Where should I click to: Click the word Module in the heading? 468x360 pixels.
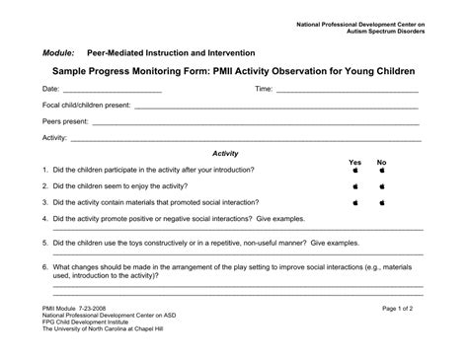58,53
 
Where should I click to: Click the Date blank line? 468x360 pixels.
112,92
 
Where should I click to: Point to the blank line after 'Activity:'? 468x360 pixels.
247,139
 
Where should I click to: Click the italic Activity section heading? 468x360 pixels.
225,154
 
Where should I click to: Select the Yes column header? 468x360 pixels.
355,163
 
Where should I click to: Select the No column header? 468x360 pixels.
382,163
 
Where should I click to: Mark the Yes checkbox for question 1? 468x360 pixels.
355,171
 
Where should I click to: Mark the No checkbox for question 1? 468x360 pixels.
382,171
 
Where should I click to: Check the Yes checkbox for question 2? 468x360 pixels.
355,186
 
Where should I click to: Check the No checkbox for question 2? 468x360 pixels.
382,186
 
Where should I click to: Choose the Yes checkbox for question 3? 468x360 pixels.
355,203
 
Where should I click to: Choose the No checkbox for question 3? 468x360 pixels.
382,203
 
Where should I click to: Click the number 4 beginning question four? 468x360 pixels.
45,219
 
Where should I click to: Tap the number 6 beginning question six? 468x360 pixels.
45,266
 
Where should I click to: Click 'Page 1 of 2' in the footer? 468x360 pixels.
403,309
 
